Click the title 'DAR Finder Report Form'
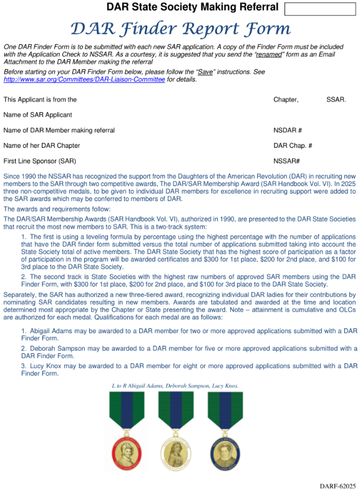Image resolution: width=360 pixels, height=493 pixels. (x=180, y=29)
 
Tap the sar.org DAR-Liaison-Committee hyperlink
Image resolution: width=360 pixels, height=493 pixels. (x=86, y=80)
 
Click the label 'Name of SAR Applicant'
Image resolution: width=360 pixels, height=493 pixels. (x=37, y=115)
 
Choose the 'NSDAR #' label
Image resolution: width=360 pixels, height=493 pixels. (x=288, y=130)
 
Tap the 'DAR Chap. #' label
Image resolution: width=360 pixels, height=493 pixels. (x=293, y=146)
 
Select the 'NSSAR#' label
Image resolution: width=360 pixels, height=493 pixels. (x=286, y=161)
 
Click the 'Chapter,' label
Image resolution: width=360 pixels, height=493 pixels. (x=286, y=100)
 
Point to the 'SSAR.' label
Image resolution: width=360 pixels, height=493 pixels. (x=336, y=100)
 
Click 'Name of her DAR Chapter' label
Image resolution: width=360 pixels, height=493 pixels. (x=42, y=146)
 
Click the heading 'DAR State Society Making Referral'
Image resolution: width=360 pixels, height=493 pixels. (x=192, y=7)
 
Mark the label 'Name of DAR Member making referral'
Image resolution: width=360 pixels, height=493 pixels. (x=59, y=130)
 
